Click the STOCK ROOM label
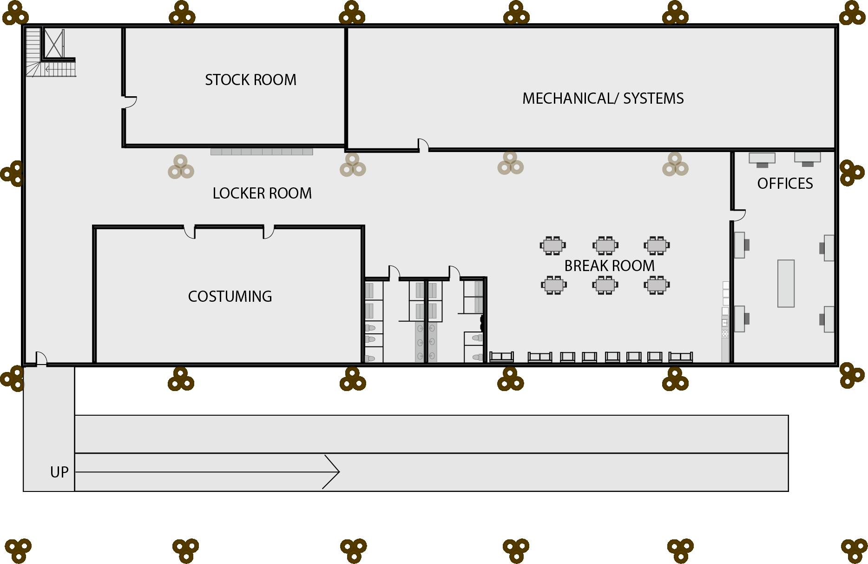(x=250, y=80)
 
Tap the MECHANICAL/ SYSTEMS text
(x=603, y=99)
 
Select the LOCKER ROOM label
(x=262, y=193)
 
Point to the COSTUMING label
(x=230, y=297)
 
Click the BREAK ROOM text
(x=609, y=266)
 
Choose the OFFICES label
(x=785, y=184)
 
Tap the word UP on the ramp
(x=59, y=472)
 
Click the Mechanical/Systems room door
(x=423, y=145)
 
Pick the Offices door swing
(x=738, y=215)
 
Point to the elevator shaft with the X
(x=54, y=44)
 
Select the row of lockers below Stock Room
(x=262, y=152)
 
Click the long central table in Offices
(x=786, y=284)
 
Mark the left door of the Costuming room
(x=189, y=232)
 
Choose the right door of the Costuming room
(x=269, y=232)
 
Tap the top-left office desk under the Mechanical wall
(x=762, y=159)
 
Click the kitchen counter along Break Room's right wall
(x=725, y=321)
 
